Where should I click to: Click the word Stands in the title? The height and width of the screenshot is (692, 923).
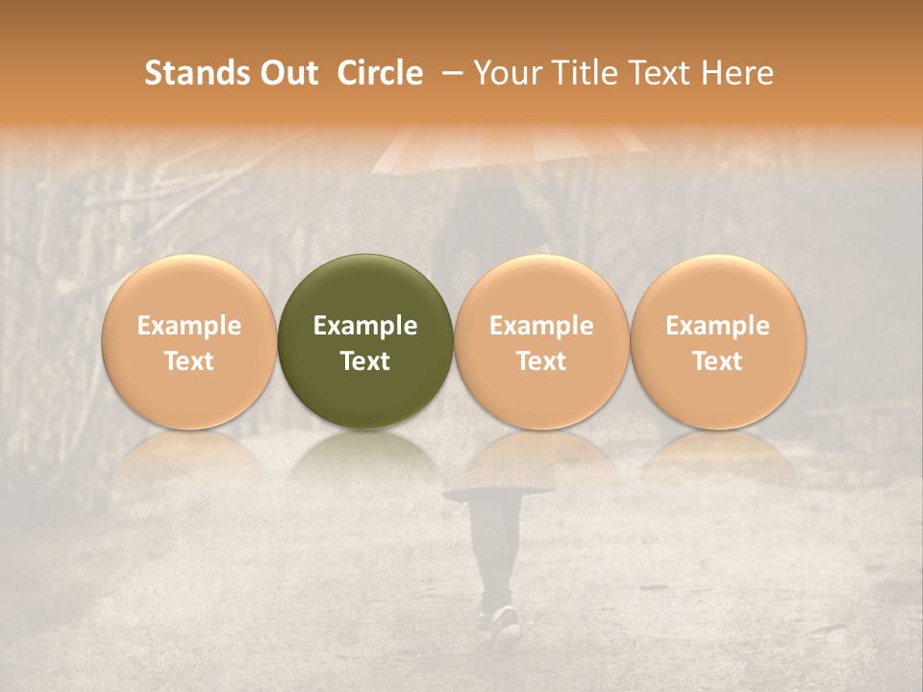(197, 73)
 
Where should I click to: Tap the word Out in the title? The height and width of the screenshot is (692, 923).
(288, 73)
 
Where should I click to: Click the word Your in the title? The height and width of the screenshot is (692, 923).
(506, 73)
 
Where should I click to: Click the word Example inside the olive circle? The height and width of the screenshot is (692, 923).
(365, 326)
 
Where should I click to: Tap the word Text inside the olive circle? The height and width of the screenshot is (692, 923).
(365, 361)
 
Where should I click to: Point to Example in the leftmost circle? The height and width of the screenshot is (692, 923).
(188, 326)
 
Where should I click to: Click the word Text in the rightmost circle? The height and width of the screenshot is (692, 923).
(717, 361)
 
